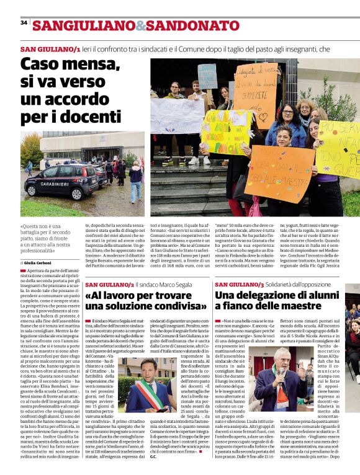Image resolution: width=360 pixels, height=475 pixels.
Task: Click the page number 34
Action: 24,22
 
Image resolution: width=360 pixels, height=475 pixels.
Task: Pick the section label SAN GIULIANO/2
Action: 109,284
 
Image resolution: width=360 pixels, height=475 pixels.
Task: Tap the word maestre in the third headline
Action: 293,306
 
